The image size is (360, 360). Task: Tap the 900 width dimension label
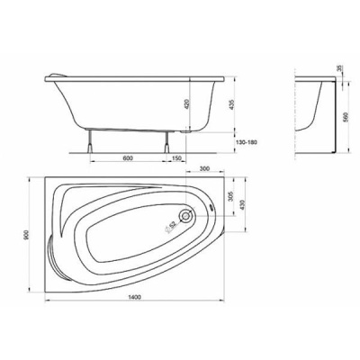(26, 235)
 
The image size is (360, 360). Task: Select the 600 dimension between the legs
(128, 158)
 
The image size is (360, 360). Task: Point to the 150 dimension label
(177, 158)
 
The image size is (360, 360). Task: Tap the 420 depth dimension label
(186, 104)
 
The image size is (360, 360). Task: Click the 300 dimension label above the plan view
(204, 168)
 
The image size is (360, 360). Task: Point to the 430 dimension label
(243, 205)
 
